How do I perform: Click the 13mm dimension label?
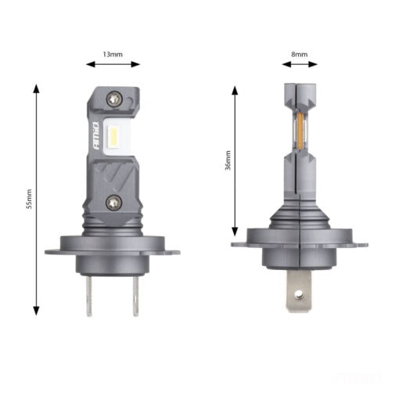113,54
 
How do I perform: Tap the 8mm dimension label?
300,54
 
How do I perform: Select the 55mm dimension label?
29,199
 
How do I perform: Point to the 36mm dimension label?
228,160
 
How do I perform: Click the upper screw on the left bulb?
114,99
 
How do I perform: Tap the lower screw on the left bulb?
113,203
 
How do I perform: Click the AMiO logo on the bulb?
96,135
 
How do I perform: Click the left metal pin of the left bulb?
89,296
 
